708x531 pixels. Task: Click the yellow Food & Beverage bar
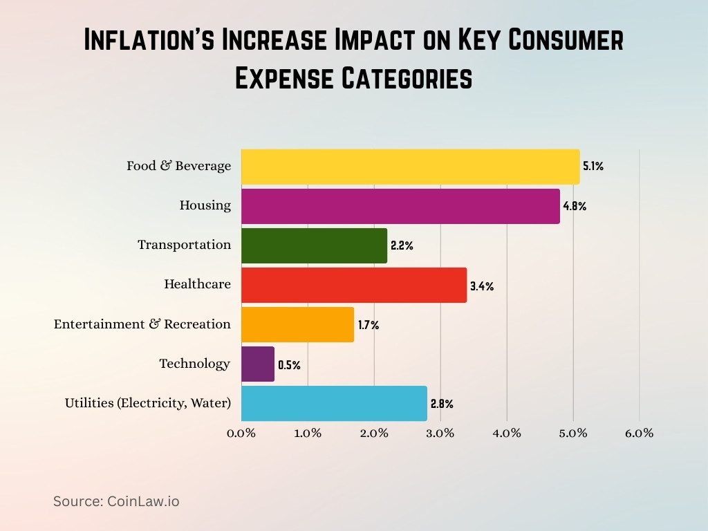[x=410, y=167]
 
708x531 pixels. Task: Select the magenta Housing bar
[x=400, y=206]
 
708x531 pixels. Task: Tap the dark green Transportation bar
[x=314, y=245]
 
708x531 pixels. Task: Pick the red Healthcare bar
[x=354, y=285]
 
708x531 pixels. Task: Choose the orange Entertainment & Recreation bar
[x=297, y=324]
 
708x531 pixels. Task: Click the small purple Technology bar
[x=258, y=364]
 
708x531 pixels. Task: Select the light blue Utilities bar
[x=334, y=403]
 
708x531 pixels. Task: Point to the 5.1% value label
[x=593, y=167]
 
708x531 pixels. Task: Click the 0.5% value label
[x=289, y=365]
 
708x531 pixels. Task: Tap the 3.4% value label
[x=482, y=286]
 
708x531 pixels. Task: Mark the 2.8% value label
[x=442, y=404]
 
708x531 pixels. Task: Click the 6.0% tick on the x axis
[x=639, y=434]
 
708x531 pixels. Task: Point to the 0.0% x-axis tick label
[x=241, y=434]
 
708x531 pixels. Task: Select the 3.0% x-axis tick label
[x=440, y=434]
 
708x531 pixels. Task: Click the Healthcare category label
[x=197, y=284]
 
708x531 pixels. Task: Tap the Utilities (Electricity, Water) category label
[x=147, y=403]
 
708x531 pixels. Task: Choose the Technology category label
[x=194, y=364]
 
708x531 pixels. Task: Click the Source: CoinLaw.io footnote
[x=116, y=501]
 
